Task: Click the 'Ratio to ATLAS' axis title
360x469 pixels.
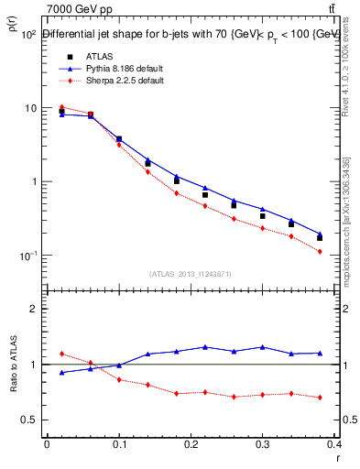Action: pos(12,379)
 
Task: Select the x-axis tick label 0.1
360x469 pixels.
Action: pos(119,443)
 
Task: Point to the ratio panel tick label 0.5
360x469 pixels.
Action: pos(29,420)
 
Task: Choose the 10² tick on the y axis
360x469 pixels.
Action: pos(27,34)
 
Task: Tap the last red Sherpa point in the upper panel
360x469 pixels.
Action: pos(320,251)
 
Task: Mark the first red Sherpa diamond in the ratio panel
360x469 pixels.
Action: pos(61,354)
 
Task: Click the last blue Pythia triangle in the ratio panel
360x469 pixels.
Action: pos(320,353)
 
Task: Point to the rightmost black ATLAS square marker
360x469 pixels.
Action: pos(320,238)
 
